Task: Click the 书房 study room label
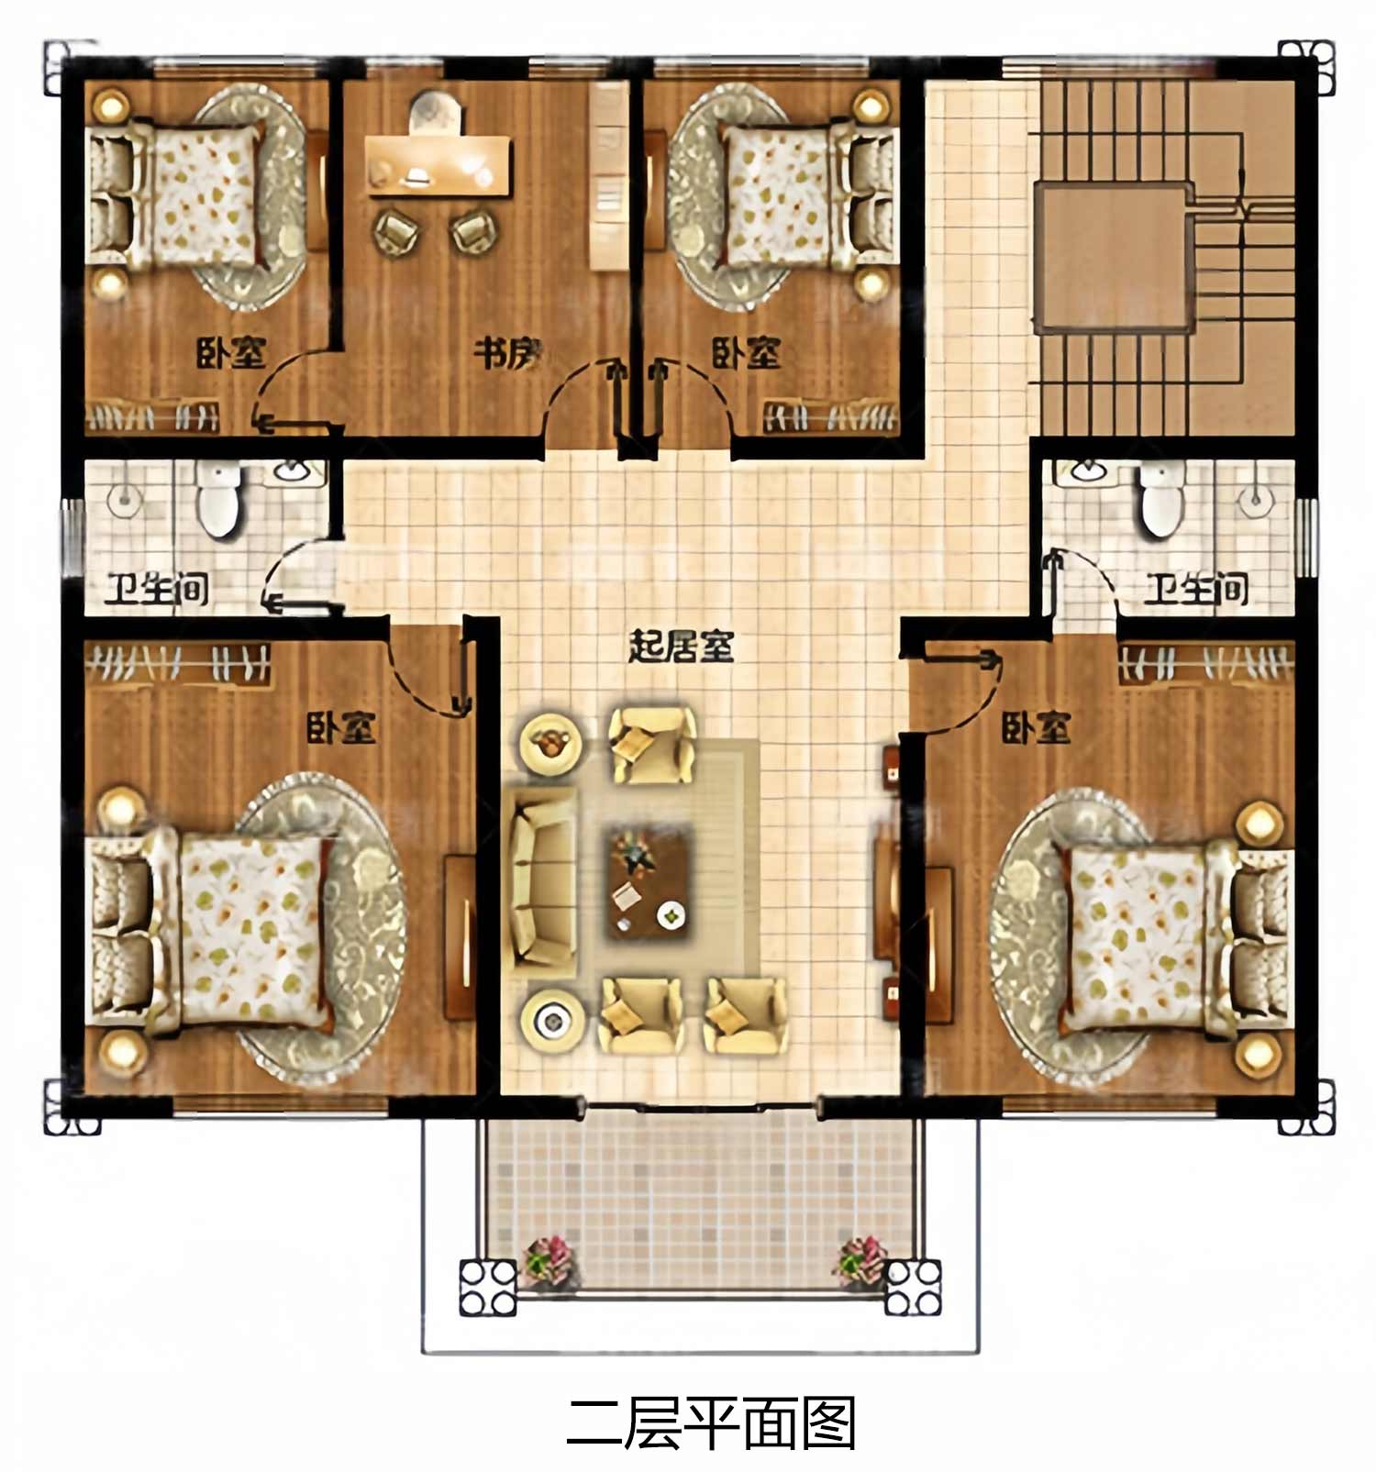click(x=508, y=353)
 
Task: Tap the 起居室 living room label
click(x=681, y=647)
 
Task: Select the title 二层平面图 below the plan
click(x=711, y=1423)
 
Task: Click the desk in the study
click(x=438, y=165)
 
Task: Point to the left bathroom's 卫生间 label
click(x=156, y=590)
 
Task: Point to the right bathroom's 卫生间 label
click(x=1196, y=590)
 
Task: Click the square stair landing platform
click(x=1114, y=259)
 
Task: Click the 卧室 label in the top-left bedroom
click(x=231, y=353)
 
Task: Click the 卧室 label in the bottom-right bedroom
click(x=1036, y=729)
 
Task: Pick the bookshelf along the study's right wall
click(x=607, y=175)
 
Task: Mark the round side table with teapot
click(x=550, y=741)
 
